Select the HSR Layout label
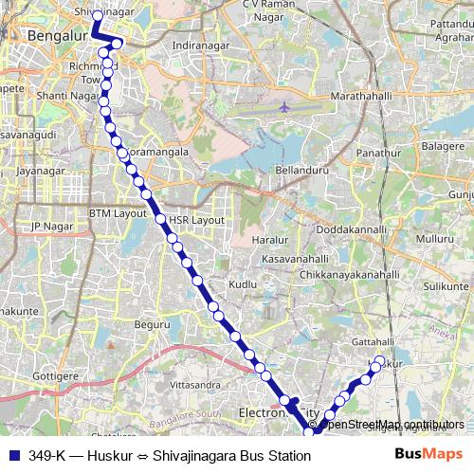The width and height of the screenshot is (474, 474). (x=196, y=220)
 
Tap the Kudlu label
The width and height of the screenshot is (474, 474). (x=244, y=284)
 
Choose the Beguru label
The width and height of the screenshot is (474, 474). (x=152, y=324)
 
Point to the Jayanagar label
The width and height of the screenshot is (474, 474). (x=39, y=172)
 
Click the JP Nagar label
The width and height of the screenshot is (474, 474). (x=53, y=226)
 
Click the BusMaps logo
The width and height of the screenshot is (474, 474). (x=428, y=455)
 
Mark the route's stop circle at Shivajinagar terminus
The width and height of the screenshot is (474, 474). (x=97, y=16)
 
